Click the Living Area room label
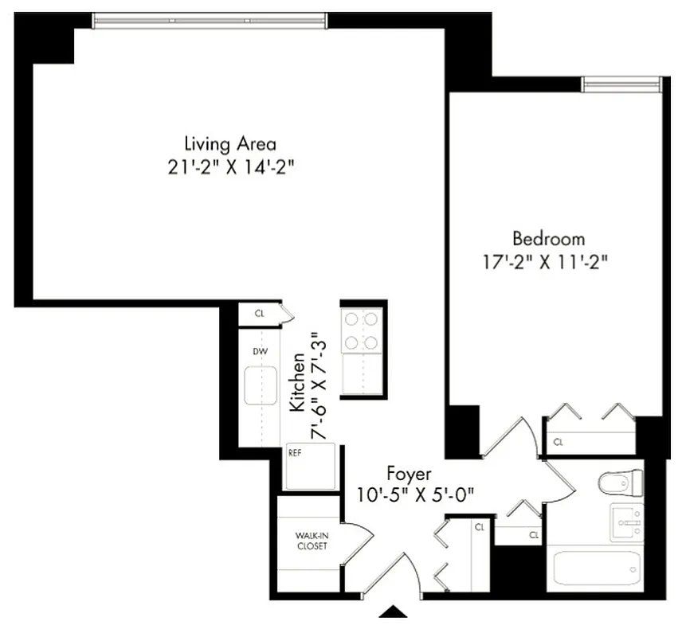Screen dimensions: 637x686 click(230, 144)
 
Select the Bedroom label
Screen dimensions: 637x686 click(548, 238)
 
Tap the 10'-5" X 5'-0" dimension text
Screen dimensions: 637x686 click(416, 494)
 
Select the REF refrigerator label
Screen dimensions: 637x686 click(295, 452)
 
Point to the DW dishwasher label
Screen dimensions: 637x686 click(259, 350)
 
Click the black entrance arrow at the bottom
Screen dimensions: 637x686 click(392, 612)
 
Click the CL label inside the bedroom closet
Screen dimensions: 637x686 click(559, 440)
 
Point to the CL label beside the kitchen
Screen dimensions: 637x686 click(259, 314)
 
